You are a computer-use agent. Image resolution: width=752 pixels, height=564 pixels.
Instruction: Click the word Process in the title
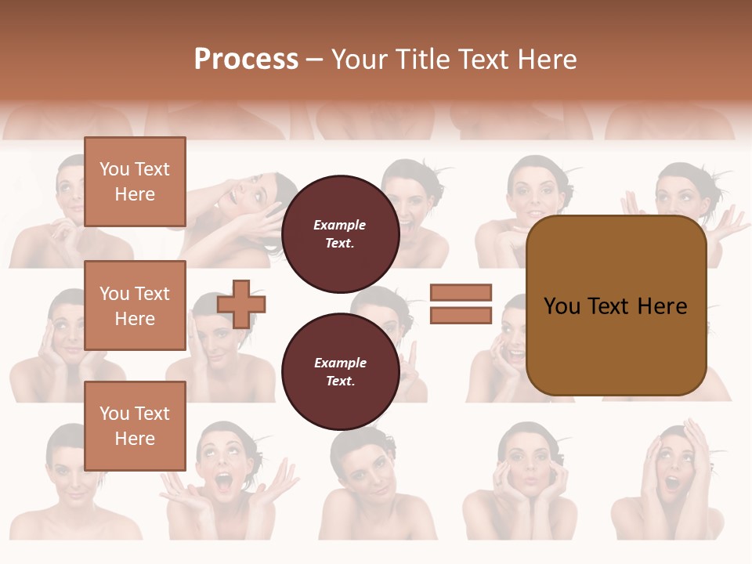[246, 59]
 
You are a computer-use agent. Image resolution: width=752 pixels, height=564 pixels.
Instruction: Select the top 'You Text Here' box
[135, 182]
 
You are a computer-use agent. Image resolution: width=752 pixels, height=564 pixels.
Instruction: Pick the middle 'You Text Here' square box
[135, 305]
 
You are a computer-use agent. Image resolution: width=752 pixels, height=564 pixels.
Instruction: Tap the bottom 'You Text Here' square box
[135, 425]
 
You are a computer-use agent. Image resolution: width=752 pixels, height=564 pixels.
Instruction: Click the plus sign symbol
[241, 304]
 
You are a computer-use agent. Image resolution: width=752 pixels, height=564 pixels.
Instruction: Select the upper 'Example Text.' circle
[340, 233]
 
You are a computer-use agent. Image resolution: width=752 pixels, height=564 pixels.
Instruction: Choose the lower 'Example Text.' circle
[340, 371]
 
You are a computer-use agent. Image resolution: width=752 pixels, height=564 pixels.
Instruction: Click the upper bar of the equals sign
[461, 292]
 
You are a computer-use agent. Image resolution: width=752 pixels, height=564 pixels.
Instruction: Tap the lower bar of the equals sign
[461, 315]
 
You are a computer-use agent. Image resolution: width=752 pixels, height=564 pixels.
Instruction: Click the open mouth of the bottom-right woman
[673, 482]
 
